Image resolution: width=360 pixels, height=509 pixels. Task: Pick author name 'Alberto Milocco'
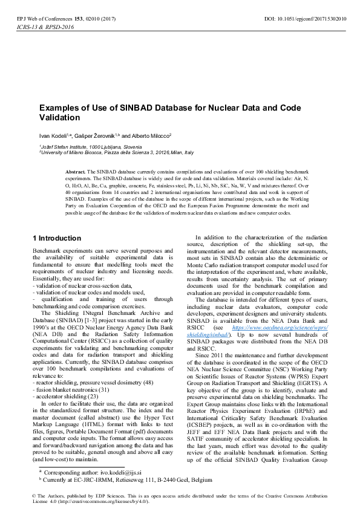coord(151,135)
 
